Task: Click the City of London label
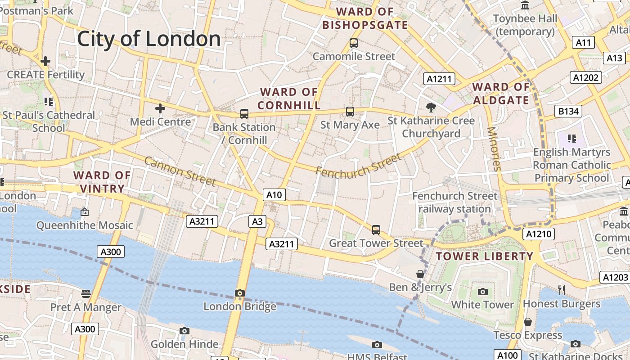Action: point(149,39)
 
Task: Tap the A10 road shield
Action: point(274,195)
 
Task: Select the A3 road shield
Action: point(257,221)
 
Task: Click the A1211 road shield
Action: point(439,79)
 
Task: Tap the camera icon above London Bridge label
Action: point(240,293)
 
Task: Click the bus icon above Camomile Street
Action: point(354,43)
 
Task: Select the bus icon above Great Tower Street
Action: point(376,230)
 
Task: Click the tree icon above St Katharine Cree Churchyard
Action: point(431,107)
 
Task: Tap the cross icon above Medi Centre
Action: point(160,108)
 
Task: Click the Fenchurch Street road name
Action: point(358,166)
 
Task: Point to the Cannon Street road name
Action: point(180,171)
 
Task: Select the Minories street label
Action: point(494,149)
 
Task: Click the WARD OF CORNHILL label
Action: point(289,99)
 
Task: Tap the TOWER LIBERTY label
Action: point(484,256)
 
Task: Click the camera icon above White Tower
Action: point(482,292)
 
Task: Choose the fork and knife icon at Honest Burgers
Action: point(561,290)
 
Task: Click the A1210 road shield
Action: point(539,234)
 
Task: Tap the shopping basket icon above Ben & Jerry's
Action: point(420,274)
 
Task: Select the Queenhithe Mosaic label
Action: point(85,225)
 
